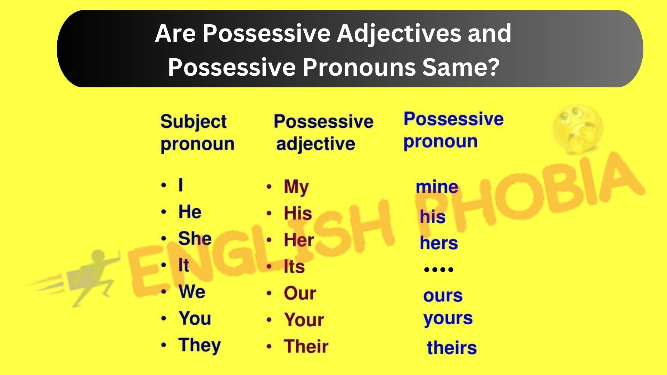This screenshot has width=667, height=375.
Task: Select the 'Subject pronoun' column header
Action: click(x=197, y=133)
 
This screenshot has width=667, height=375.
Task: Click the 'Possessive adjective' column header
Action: click(x=323, y=133)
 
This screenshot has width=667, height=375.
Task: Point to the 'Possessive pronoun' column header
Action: click(x=453, y=131)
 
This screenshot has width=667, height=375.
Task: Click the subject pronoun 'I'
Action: click(x=180, y=185)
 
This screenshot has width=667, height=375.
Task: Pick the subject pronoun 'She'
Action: click(x=195, y=239)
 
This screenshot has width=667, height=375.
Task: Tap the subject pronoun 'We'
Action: click(x=192, y=292)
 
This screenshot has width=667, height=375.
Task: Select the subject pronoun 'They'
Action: click(x=199, y=345)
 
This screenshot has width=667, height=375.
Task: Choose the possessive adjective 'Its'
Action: click(x=294, y=267)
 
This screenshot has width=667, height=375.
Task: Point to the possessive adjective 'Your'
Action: click(x=304, y=320)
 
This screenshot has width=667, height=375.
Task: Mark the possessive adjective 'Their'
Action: click(x=306, y=346)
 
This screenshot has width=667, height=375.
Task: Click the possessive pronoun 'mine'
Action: click(x=437, y=187)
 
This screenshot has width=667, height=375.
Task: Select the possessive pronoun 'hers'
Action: click(x=439, y=243)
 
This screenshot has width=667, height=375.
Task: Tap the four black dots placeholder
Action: click(x=439, y=269)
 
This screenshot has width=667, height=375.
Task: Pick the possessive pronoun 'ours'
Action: click(x=443, y=296)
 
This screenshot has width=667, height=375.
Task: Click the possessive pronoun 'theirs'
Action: click(x=452, y=348)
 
